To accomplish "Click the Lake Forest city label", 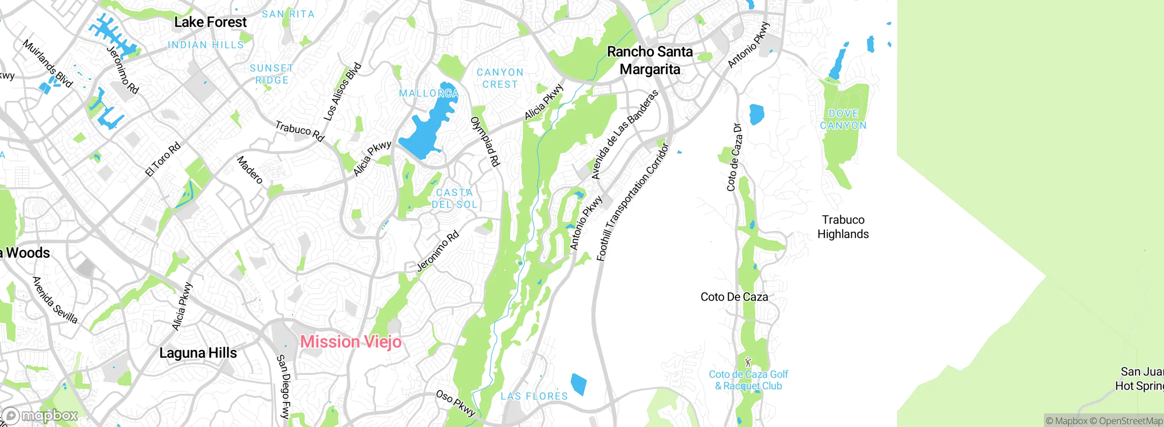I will point(210,22).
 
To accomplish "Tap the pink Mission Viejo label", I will point(351,342).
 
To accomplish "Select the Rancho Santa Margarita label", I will point(650,60).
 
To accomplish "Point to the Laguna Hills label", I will point(198,353).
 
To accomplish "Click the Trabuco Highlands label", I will point(843,227).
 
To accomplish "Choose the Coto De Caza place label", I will point(734,297).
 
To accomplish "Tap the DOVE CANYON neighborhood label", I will point(843,119).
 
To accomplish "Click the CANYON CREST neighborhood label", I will point(500,78).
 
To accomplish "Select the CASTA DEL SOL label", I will point(454,199).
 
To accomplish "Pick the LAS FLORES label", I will point(534,396).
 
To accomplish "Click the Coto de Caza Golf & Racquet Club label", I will point(748,380).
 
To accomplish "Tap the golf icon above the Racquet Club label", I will point(748,362).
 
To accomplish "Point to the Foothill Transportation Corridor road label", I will point(632,202).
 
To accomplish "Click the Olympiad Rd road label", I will point(485,141).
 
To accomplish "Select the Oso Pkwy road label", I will point(456,403).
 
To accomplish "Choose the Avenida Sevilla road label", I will point(55,300).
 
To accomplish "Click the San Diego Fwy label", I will point(283,386).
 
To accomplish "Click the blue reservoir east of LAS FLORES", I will point(578,384).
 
